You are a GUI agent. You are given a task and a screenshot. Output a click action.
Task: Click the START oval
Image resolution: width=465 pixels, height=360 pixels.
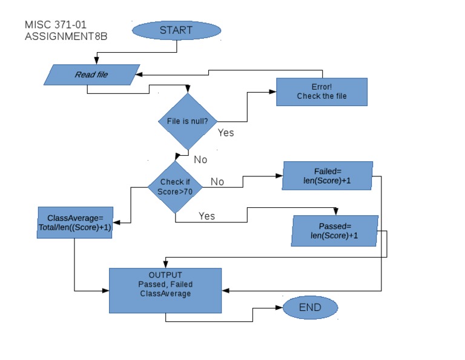click(x=176, y=30)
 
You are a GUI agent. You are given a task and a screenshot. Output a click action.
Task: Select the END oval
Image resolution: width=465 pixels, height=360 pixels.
click(x=310, y=307)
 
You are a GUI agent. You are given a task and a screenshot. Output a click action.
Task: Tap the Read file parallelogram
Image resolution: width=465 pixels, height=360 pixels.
click(x=91, y=75)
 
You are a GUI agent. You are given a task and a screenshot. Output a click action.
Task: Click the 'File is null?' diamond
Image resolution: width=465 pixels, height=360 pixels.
click(x=188, y=121)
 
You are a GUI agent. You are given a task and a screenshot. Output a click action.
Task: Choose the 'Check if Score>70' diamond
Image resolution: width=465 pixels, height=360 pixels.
click(x=175, y=187)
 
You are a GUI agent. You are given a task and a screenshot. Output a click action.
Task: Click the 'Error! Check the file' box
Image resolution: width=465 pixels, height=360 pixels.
click(x=322, y=92)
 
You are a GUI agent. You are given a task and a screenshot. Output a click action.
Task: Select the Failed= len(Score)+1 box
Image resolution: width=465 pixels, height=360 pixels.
click(x=328, y=176)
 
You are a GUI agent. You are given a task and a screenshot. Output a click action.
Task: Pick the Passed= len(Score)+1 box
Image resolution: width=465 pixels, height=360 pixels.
click(x=334, y=231)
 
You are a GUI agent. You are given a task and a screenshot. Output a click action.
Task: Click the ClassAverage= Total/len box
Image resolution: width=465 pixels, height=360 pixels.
click(x=74, y=222)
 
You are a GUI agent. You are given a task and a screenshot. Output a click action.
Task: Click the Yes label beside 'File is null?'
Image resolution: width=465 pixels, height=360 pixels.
click(x=226, y=133)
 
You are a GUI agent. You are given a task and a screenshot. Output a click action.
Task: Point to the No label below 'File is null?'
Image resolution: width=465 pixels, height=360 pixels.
click(x=200, y=160)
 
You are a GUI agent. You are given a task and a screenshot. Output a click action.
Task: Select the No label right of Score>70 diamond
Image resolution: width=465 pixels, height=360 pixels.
click(x=217, y=182)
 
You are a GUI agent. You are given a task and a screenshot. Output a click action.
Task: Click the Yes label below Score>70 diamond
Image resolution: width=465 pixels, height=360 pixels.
click(x=206, y=216)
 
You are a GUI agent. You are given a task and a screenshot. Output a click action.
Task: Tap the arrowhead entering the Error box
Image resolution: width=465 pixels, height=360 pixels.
click(x=273, y=93)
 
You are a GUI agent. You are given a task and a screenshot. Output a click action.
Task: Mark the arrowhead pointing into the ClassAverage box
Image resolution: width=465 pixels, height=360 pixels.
click(x=115, y=223)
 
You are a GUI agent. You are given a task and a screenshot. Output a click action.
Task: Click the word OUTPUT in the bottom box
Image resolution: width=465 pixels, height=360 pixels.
click(x=165, y=275)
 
